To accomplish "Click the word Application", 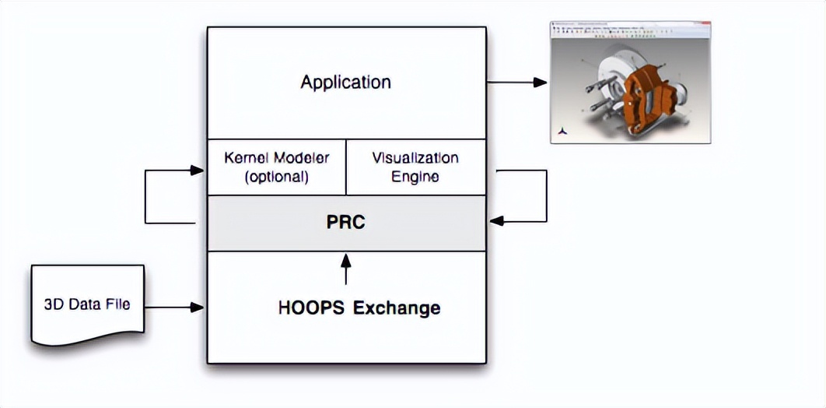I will click(x=345, y=82).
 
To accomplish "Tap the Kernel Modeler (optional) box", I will click(x=276, y=167).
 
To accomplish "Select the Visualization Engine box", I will click(x=415, y=167).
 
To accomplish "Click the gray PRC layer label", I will click(x=346, y=223).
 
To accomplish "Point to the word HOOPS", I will click(x=312, y=308).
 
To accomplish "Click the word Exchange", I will click(x=397, y=308).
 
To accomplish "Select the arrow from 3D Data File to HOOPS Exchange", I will click(x=174, y=308).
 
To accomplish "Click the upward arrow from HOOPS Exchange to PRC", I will click(x=346, y=268).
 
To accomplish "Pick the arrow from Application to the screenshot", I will click(x=516, y=82).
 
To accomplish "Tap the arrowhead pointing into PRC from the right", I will click(x=496, y=221).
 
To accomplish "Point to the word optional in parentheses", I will click(x=277, y=177).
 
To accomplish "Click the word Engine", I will click(x=415, y=177).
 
